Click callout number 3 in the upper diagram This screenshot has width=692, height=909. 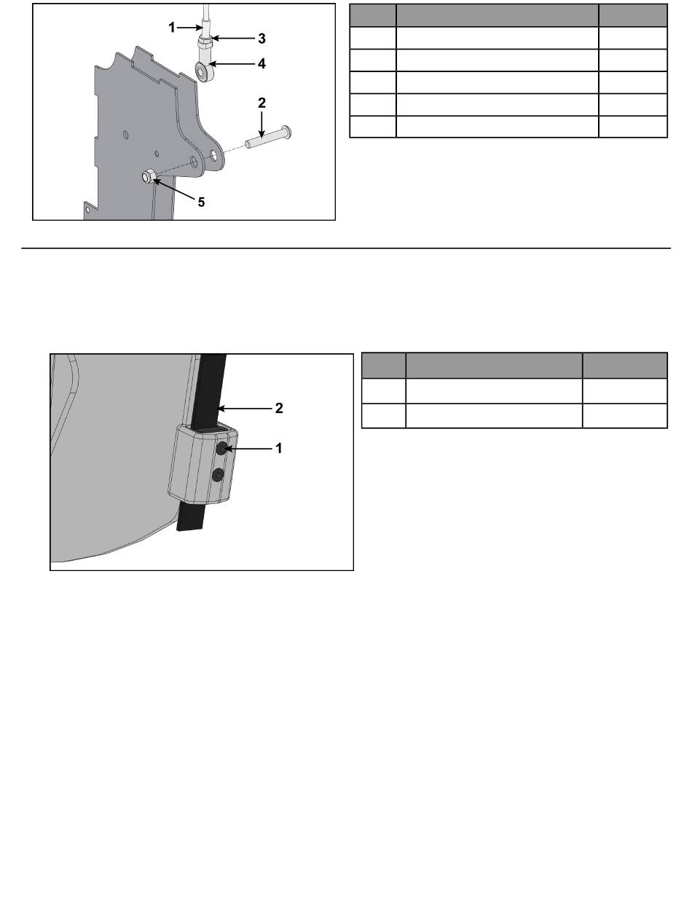pos(262,39)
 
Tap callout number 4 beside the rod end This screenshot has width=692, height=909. pos(262,64)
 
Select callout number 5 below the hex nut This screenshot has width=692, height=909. pos(201,202)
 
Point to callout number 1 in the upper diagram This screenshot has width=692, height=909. pos(172,28)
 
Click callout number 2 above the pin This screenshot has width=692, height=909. pos(262,103)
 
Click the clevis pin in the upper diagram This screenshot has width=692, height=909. pos(268,137)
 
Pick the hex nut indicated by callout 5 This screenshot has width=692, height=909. pos(149,177)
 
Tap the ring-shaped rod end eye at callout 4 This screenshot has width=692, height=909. pos(204,71)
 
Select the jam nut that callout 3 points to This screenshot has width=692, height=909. pos(205,41)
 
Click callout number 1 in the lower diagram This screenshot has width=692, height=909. pos(279,448)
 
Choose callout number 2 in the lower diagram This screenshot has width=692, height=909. pos(279,409)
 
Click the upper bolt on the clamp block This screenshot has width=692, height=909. pos(222,449)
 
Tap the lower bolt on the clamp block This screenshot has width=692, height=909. pos(219,475)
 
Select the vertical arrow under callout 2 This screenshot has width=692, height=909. pos(262,125)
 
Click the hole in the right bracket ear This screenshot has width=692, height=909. pos(213,156)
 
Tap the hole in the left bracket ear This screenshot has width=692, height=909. pos(194,162)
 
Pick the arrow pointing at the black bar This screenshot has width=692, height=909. pos(244,409)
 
